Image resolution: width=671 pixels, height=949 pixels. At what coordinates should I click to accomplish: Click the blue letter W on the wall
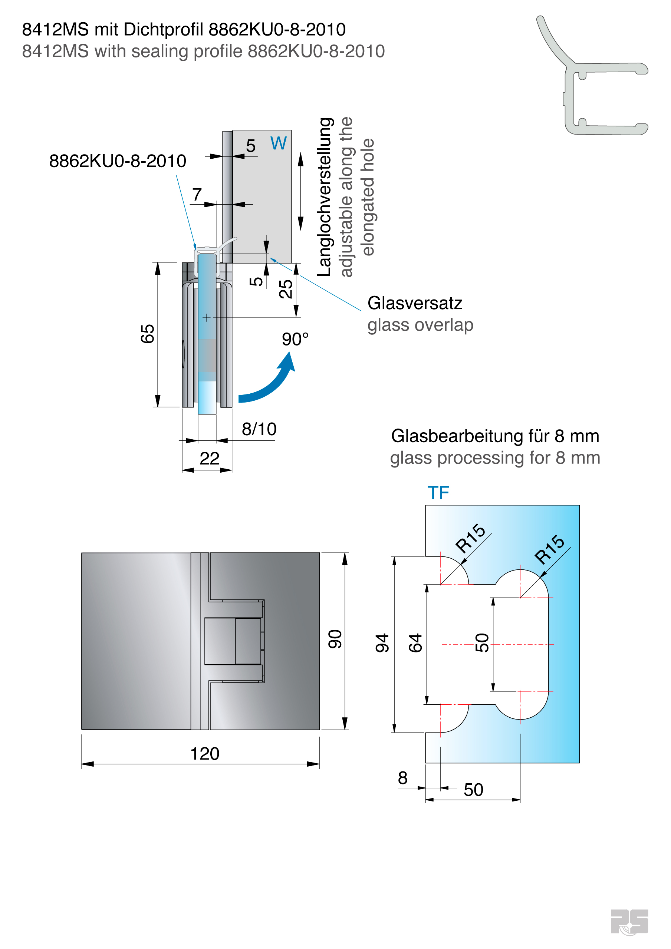pyautogui.click(x=279, y=143)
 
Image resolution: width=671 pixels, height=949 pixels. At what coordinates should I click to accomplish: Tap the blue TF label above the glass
pyautogui.click(x=438, y=493)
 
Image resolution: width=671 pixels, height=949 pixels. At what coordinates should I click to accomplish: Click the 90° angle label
pyautogui.click(x=295, y=339)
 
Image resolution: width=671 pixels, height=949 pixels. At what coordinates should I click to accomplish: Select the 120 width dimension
pyautogui.click(x=205, y=754)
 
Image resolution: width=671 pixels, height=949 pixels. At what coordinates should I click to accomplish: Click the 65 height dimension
pyautogui.click(x=148, y=334)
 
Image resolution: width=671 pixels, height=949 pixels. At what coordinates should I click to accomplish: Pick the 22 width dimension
pyautogui.click(x=209, y=459)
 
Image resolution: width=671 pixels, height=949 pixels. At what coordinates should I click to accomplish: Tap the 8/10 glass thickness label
pyautogui.click(x=259, y=429)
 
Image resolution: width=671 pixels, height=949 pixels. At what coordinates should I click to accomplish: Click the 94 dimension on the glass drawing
pyautogui.click(x=382, y=643)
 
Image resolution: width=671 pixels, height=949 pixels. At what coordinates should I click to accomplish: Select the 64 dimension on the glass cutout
pyautogui.click(x=415, y=643)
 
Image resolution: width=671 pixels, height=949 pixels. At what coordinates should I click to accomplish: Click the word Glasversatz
pyautogui.click(x=415, y=303)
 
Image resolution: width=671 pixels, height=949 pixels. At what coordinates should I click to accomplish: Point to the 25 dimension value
pyautogui.click(x=286, y=288)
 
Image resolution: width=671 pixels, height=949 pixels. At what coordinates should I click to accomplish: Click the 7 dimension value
pyautogui.click(x=197, y=194)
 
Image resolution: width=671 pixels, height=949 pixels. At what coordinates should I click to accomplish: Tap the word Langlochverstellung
pyautogui.click(x=326, y=197)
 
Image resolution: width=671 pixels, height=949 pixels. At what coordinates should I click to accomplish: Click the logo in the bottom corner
pyautogui.click(x=629, y=921)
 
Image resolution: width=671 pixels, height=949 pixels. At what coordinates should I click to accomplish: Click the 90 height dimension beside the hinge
pyautogui.click(x=335, y=639)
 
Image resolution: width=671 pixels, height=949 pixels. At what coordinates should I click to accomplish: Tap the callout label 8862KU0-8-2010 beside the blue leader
pyautogui.click(x=118, y=161)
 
